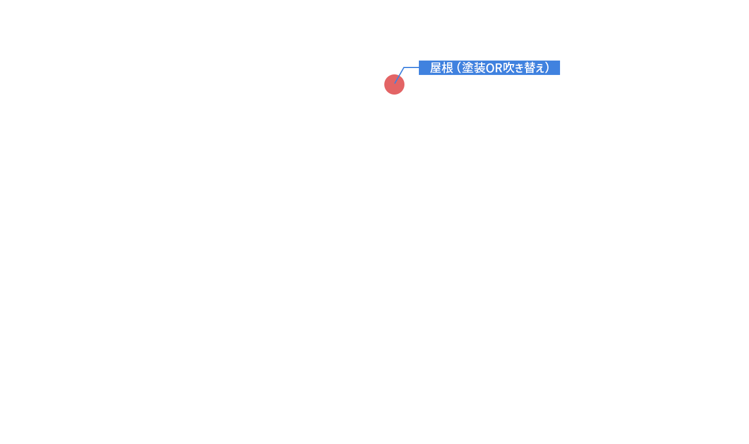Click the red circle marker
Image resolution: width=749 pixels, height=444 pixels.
tap(394, 84)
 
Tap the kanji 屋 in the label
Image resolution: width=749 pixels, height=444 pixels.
tap(436, 68)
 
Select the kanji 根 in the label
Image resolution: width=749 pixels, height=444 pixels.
tap(448, 68)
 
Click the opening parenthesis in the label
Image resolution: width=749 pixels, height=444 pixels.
tap(459, 68)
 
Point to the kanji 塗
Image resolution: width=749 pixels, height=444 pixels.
tap(468, 68)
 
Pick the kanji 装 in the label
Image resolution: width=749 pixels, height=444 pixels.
tap(479, 68)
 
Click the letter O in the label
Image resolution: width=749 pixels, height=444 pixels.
tap(490, 68)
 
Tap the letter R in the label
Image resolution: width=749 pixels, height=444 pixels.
tap(498, 68)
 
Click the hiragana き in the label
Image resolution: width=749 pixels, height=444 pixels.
tap(519, 68)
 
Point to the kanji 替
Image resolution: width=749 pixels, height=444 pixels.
tap(530, 68)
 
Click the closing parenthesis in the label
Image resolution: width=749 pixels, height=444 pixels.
tap(547, 68)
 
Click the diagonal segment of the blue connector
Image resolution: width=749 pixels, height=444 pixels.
tap(399, 76)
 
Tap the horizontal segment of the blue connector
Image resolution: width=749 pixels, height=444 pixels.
tap(411, 67)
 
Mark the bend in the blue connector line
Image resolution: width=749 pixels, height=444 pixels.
tap(404, 67)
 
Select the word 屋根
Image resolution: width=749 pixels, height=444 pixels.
tap(442, 68)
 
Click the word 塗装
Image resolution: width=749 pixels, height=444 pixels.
tap(474, 68)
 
